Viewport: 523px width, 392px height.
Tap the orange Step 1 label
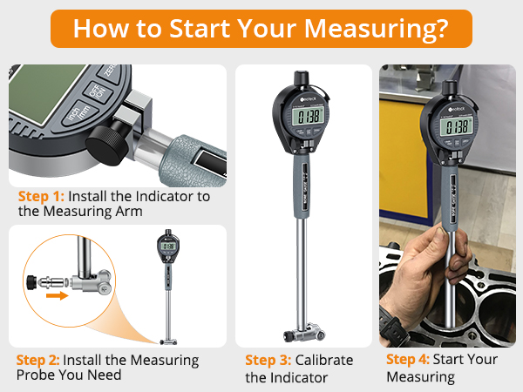tap(40, 196)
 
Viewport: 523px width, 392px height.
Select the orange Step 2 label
tap(39, 360)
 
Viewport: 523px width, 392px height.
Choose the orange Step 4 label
tap(409, 359)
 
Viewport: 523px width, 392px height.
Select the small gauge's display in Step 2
tap(167, 247)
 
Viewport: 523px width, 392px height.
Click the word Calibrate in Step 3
tap(327, 360)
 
